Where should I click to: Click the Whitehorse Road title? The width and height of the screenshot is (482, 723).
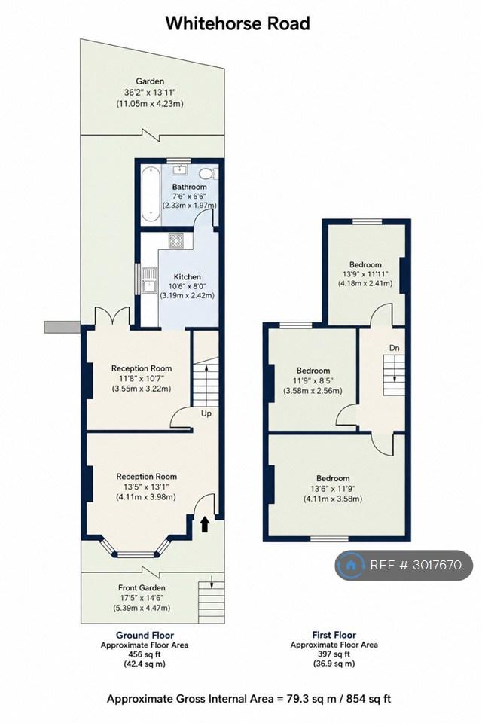[237, 23]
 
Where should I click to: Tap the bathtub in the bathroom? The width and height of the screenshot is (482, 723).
[151, 194]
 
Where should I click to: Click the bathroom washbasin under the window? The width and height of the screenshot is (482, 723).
[179, 169]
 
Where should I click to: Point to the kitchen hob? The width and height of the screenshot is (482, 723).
[176, 241]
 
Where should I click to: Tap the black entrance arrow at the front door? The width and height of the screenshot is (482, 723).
[205, 525]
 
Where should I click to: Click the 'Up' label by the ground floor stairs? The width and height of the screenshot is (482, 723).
[206, 413]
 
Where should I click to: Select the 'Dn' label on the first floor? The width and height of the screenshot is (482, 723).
[394, 348]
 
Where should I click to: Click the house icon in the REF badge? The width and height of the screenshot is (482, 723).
[351, 564]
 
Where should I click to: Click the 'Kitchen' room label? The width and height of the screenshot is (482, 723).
[188, 276]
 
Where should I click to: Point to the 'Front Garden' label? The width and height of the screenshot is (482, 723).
[142, 588]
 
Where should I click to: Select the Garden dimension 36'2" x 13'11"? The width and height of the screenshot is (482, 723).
[150, 92]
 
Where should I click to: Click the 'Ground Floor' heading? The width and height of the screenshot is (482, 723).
[145, 636]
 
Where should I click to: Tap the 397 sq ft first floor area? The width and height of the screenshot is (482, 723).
[334, 654]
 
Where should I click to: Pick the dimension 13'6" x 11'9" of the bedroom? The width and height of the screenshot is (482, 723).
[333, 489]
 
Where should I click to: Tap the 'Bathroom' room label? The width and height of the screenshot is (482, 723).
[189, 187]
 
